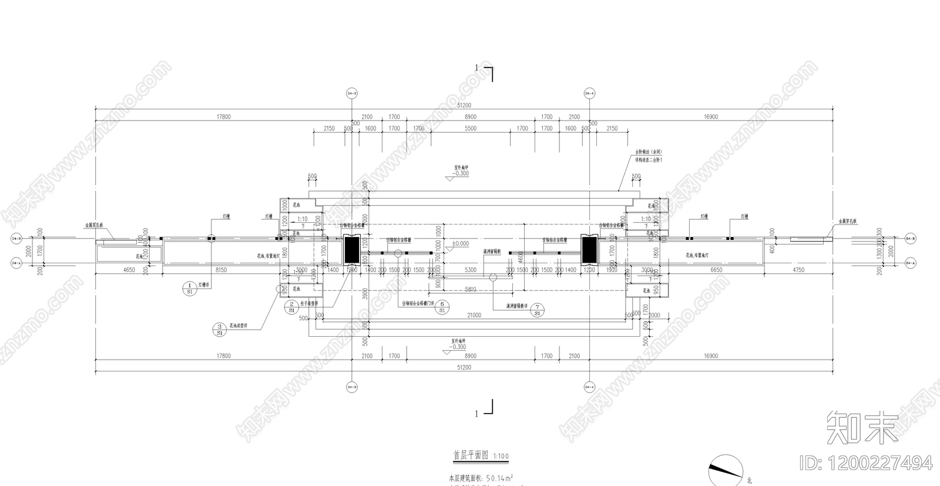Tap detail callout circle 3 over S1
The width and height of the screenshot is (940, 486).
pyautogui.click(x=219, y=329)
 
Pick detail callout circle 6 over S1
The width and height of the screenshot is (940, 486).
pyautogui.click(x=442, y=307)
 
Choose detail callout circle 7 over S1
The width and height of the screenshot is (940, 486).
pyautogui.click(x=537, y=310)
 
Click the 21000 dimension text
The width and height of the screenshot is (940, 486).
pyautogui.click(x=474, y=316)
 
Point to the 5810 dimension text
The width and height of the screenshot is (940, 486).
pyautogui.click(x=470, y=290)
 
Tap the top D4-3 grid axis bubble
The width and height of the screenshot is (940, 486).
pyautogui.click(x=352, y=93)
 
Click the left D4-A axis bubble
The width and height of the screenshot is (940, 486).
pyautogui.click(x=15, y=263)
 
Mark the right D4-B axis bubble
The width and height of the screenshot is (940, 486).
pyautogui.click(x=911, y=239)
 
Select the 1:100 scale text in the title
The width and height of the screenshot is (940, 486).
pyautogui.click(x=501, y=456)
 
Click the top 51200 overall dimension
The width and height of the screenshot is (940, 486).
pyautogui.click(x=464, y=105)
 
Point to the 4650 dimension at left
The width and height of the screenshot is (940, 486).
pyautogui.click(x=129, y=270)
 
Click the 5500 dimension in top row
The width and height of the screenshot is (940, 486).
pyautogui.click(x=471, y=129)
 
